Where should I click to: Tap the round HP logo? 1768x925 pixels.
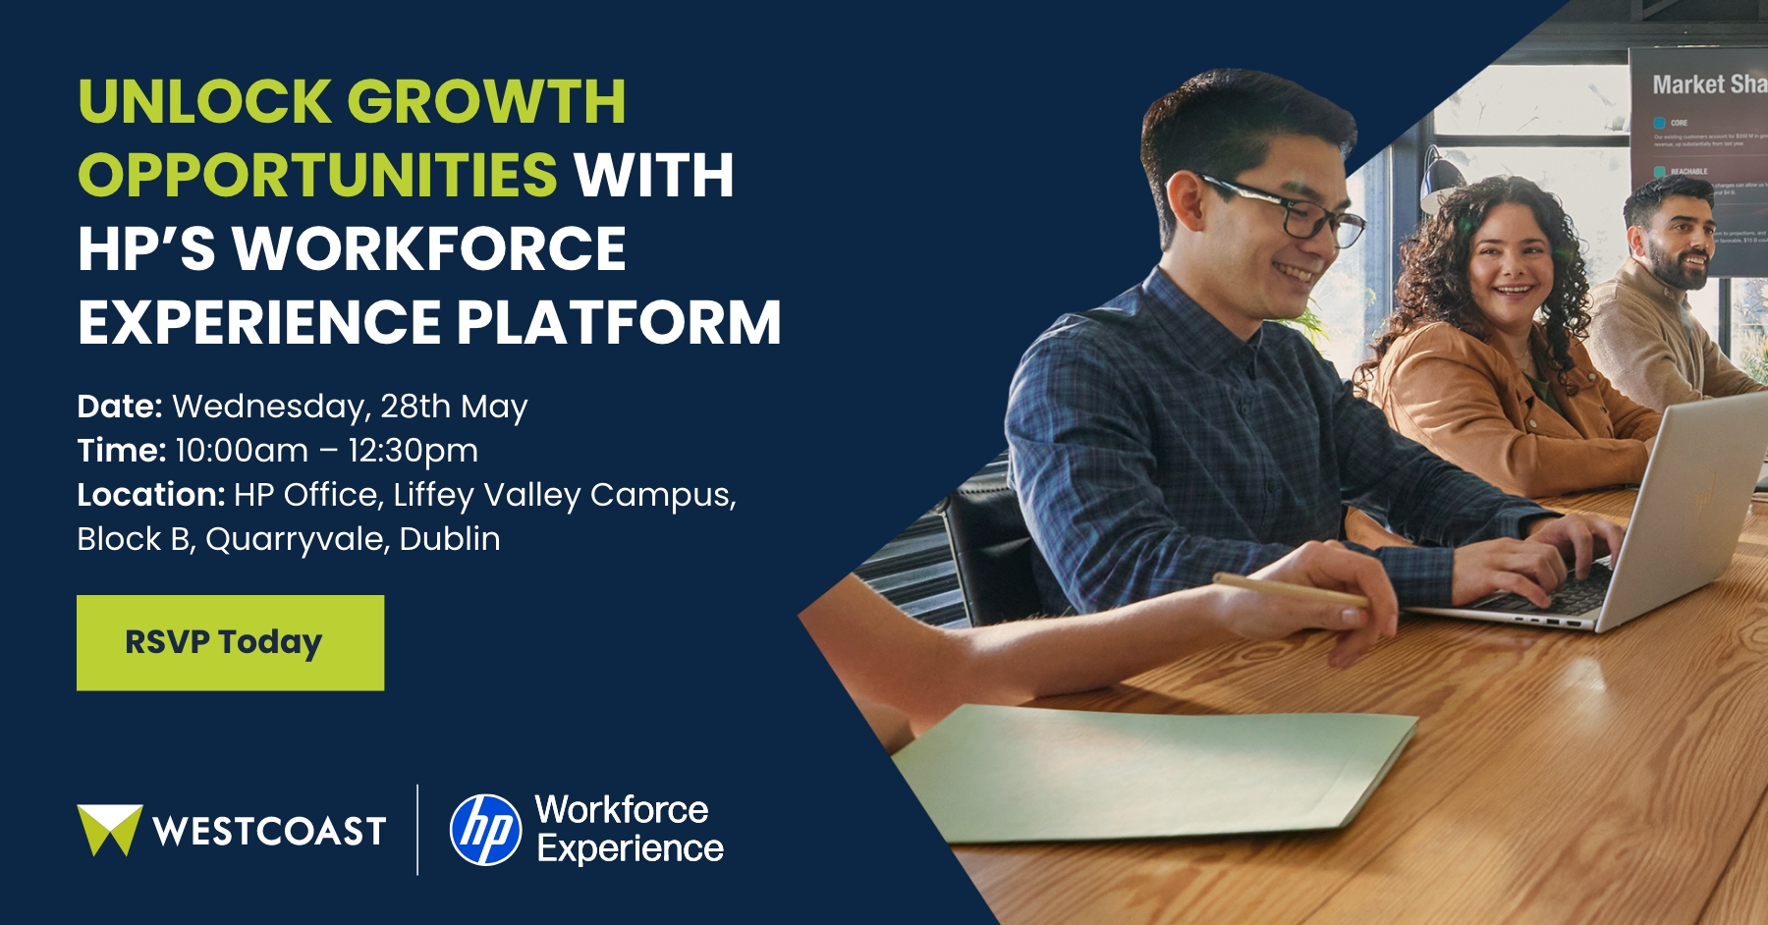click(x=485, y=830)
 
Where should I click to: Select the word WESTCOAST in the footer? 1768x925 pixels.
click(x=269, y=832)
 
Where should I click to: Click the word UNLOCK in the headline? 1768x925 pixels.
click(x=205, y=102)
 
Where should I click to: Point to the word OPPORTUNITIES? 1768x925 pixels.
click(x=317, y=176)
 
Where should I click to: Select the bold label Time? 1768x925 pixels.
click(x=121, y=451)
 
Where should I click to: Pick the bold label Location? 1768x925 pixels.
click(x=151, y=495)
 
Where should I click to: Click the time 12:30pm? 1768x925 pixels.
click(x=413, y=451)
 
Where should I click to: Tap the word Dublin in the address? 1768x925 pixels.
click(x=450, y=539)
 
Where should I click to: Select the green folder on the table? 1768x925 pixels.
click(x=1149, y=771)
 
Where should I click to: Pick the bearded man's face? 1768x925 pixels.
click(x=1678, y=242)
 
